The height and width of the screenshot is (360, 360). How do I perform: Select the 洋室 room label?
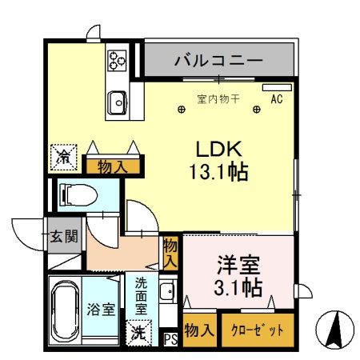tap(238, 263)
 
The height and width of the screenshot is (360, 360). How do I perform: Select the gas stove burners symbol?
tap(118, 58)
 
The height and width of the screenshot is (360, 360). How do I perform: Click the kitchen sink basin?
tap(118, 102)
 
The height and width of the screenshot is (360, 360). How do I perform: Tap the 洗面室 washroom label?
tap(141, 294)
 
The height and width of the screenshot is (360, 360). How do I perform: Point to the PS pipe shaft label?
tap(170, 338)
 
